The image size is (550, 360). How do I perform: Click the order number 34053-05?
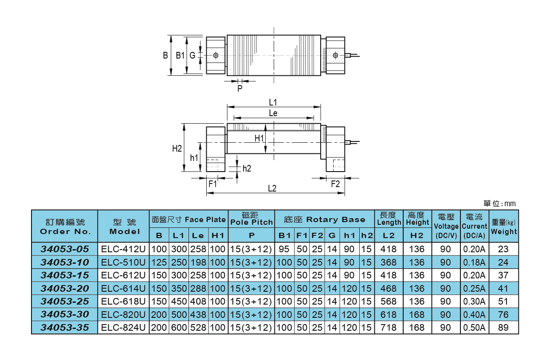point(65,249)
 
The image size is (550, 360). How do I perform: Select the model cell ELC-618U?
point(123,301)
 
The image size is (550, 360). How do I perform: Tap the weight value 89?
point(503,328)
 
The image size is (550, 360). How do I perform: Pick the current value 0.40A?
point(474,315)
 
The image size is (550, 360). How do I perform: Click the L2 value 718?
point(389,328)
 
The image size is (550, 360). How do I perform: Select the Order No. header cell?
point(65,226)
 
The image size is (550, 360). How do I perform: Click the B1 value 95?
point(284,249)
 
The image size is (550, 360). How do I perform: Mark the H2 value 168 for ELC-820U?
point(417,315)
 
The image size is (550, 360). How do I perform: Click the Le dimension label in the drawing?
point(273,113)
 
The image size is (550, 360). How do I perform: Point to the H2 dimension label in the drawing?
point(177,149)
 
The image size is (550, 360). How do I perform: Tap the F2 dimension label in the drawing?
point(335,184)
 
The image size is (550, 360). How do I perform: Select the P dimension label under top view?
point(240,88)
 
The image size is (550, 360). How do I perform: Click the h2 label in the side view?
point(247,168)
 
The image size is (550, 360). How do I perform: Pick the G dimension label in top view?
point(192,55)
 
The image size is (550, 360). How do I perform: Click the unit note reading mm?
point(500,203)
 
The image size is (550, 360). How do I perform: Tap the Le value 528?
point(198,328)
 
